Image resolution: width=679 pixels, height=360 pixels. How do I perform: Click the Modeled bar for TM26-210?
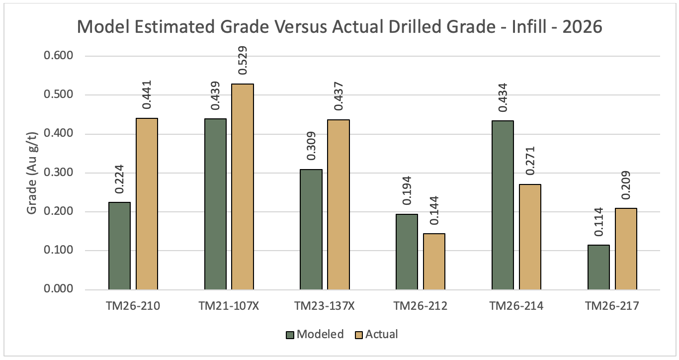(119, 246)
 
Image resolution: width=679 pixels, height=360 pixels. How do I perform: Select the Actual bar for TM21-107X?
(243, 187)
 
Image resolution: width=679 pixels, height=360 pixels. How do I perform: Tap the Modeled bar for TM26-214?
(503, 205)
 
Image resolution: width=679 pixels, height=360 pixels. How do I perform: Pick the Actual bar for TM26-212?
(434, 262)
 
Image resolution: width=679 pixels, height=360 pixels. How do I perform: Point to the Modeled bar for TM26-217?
(598, 268)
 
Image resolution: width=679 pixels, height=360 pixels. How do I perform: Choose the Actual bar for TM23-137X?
(339, 205)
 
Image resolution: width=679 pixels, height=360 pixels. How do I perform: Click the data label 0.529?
(243, 60)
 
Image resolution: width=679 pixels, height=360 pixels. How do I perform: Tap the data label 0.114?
(598, 222)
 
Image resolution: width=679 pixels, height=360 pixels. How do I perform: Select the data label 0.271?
(530, 161)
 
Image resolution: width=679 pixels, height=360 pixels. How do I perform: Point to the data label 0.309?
(311, 146)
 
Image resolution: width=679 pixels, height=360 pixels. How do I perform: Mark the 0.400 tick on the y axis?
(59, 133)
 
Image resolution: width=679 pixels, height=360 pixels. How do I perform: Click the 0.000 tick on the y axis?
(59, 289)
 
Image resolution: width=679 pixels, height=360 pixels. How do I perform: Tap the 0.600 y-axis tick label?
(59, 56)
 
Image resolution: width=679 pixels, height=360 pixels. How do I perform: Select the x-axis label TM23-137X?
(325, 306)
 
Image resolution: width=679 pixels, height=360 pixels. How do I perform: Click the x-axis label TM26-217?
(612, 306)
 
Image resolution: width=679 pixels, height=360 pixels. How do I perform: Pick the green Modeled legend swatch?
(290, 335)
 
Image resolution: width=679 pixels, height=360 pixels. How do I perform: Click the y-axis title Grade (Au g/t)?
(31, 173)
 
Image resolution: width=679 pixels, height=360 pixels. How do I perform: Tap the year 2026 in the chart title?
(582, 27)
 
